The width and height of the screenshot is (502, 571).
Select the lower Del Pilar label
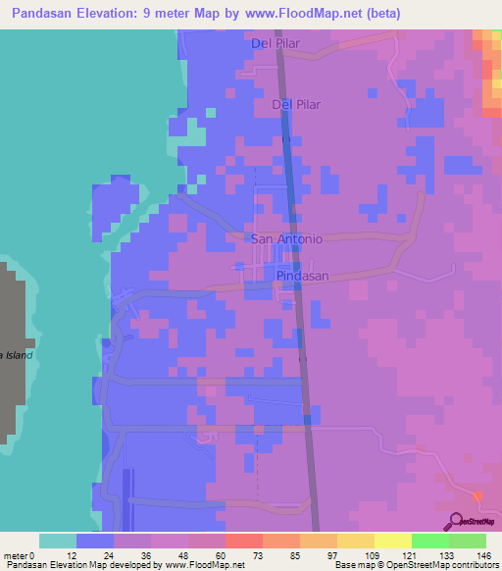click(x=296, y=103)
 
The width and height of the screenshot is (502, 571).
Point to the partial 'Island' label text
click(x=17, y=354)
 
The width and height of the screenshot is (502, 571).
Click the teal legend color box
click(x=57, y=541)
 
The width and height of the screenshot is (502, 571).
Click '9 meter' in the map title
click(x=187, y=13)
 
